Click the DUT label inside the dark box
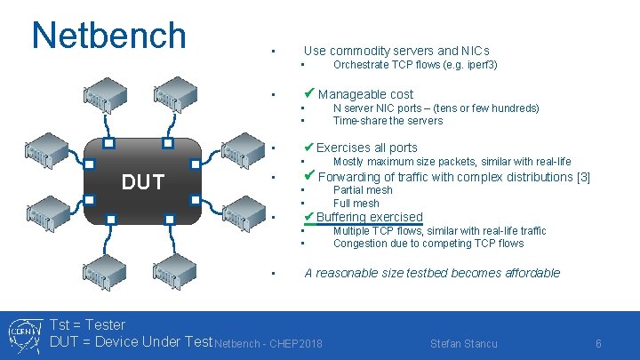(x=143, y=182)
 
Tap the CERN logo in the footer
(x=22, y=334)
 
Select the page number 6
(x=599, y=344)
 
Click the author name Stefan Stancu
(x=463, y=344)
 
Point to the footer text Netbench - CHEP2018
(x=269, y=344)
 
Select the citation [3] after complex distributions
(x=584, y=177)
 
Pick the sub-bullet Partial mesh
(x=362, y=190)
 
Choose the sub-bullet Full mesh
(x=356, y=203)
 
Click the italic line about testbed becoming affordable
(x=432, y=273)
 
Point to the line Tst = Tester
(x=88, y=325)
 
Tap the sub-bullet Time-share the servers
(x=388, y=121)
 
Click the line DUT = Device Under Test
(x=132, y=342)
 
